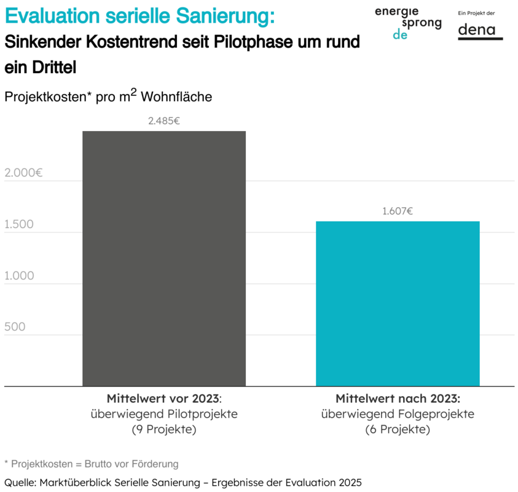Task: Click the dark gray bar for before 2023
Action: click(164, 258)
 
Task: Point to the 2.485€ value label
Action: click(164, 121)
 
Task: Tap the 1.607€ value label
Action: click(398, 211)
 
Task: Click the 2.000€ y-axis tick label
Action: click(23, 173)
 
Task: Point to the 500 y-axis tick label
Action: click(15, 327)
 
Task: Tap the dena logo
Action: click(480, 30)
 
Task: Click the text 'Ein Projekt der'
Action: click(477, 13)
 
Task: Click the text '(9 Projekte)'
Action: click(164, 429)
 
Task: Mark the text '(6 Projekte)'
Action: click(398, 429)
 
